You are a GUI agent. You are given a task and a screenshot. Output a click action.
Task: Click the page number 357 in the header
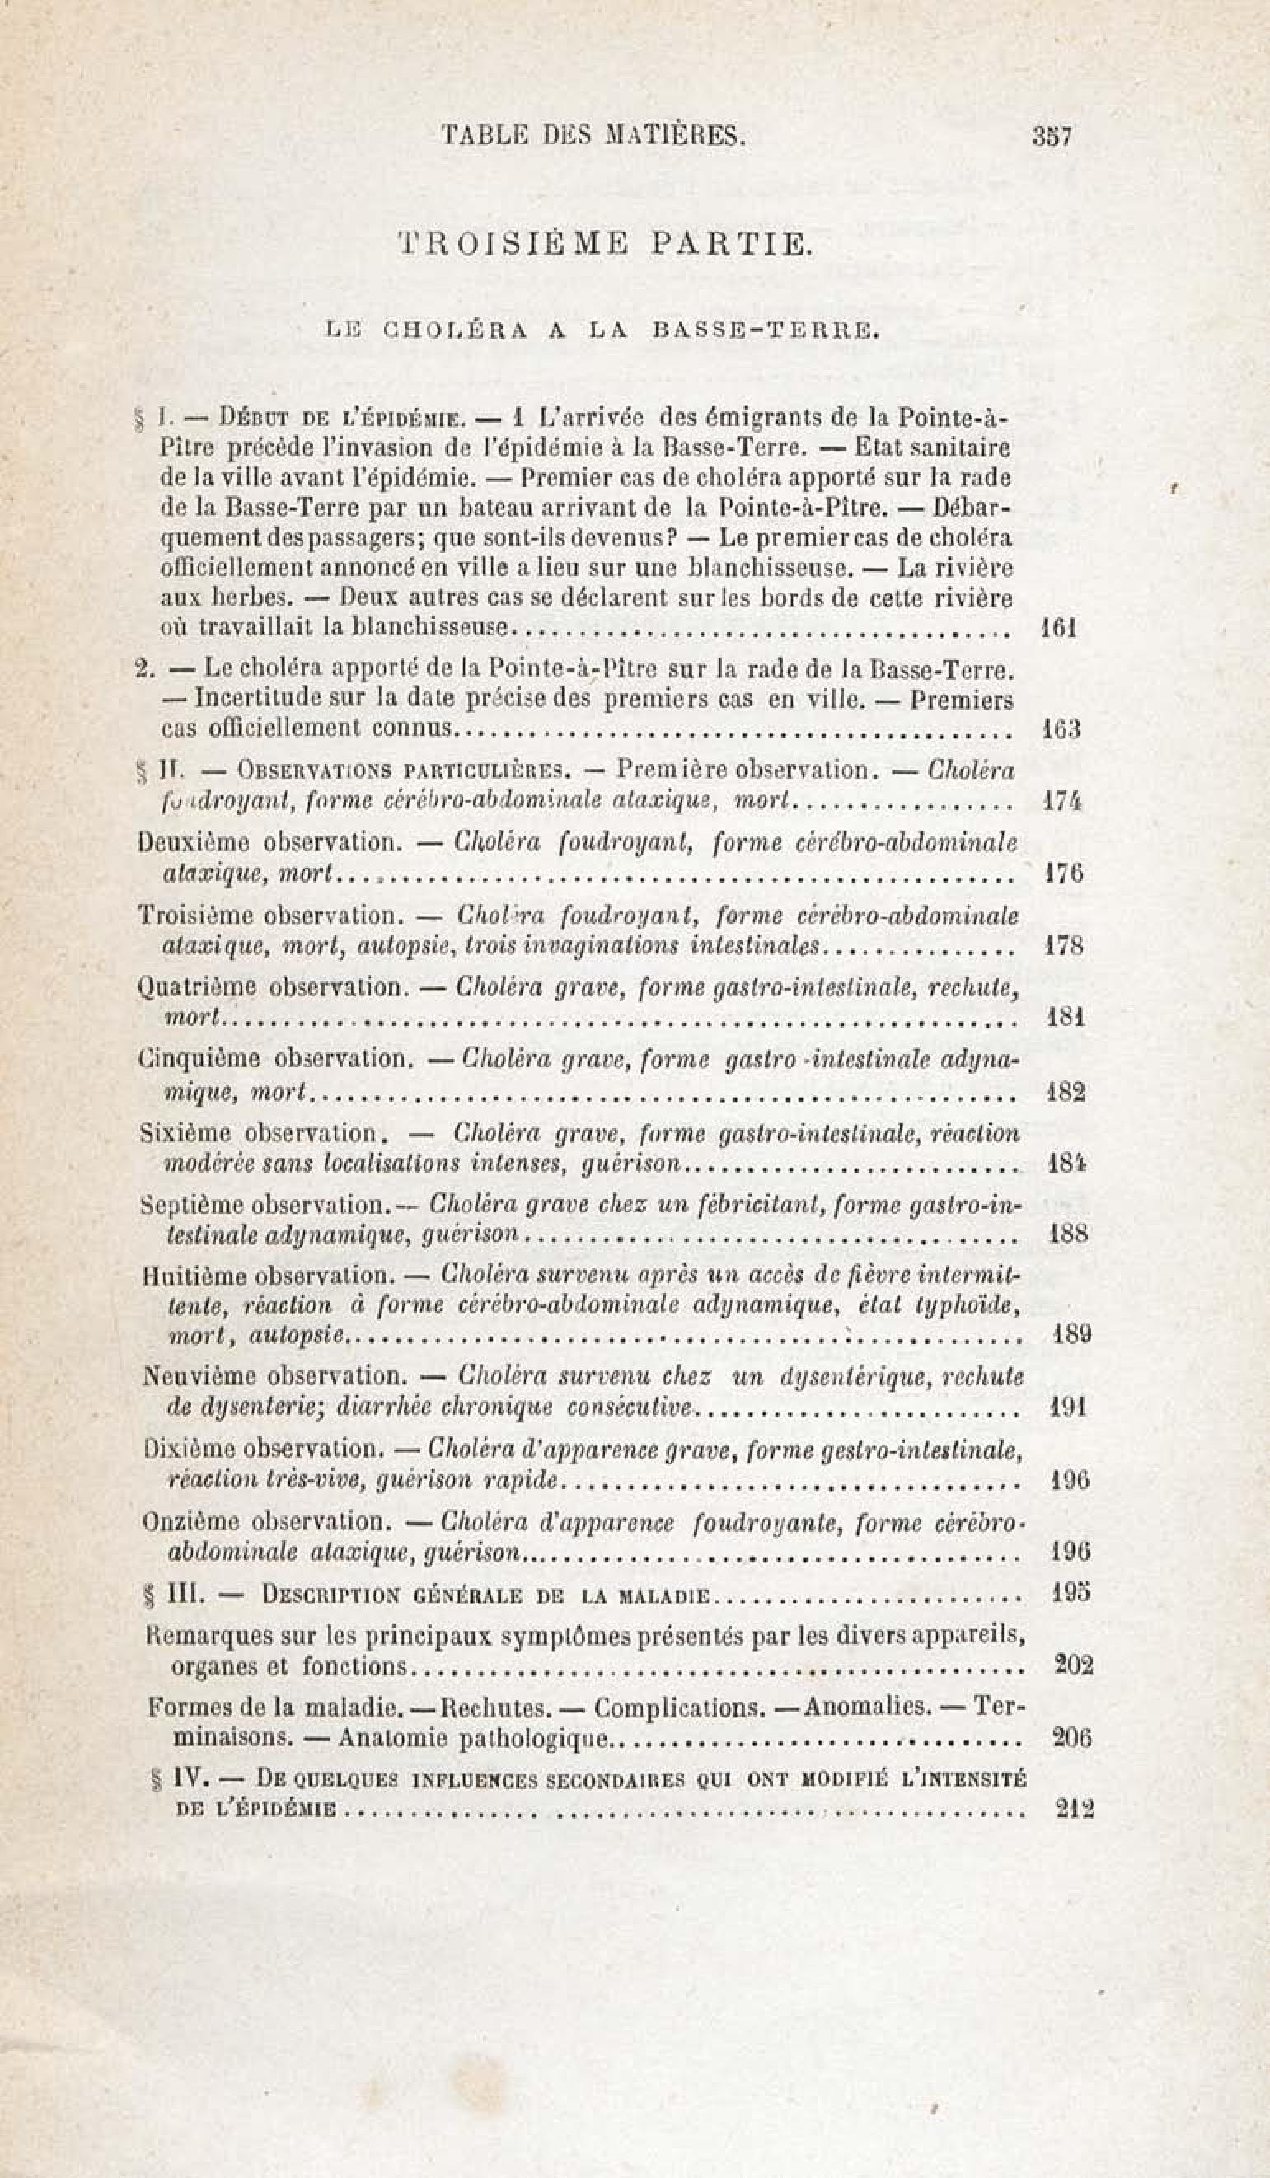point(1052,137)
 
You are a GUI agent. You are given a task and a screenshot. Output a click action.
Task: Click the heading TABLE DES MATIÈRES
point(593,136)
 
